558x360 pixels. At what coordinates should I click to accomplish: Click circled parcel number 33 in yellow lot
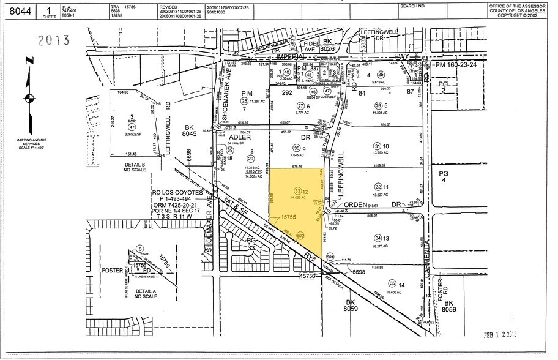coord(298,190)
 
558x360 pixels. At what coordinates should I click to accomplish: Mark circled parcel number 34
coord(378,238)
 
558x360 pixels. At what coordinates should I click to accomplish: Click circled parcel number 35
coord(374,284)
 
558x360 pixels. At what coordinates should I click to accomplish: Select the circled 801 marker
coord(331,257)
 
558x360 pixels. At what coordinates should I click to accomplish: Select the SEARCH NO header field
coord(412,6)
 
